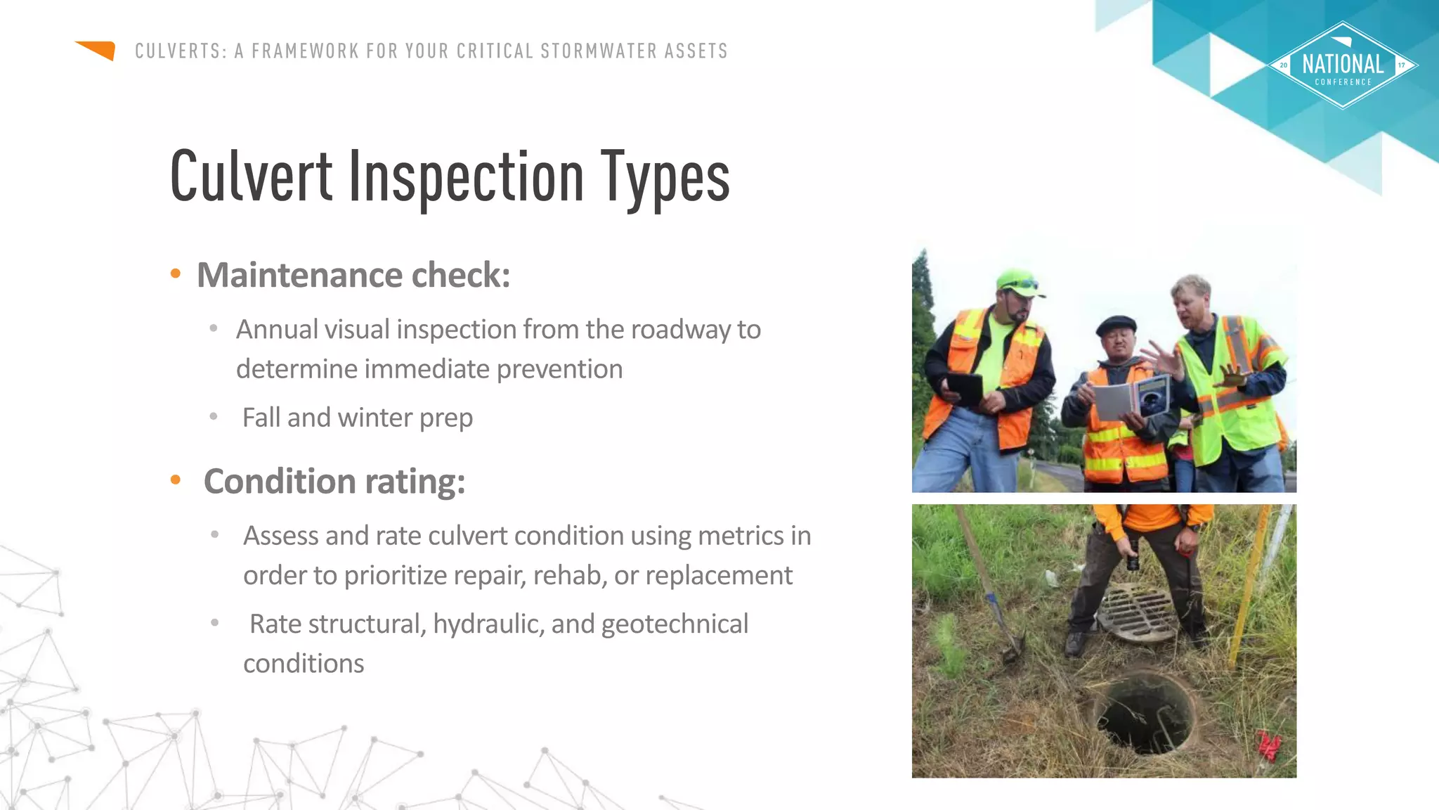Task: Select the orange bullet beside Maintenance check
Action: coord(176,274)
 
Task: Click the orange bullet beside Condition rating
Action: coord(176,480)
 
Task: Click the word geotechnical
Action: coord(675,624)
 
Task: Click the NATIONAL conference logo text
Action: coord(1343,65)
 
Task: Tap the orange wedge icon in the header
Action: coord(97,50)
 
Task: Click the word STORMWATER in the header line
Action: coord(599,51)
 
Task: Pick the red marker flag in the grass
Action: coord(1268,745)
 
